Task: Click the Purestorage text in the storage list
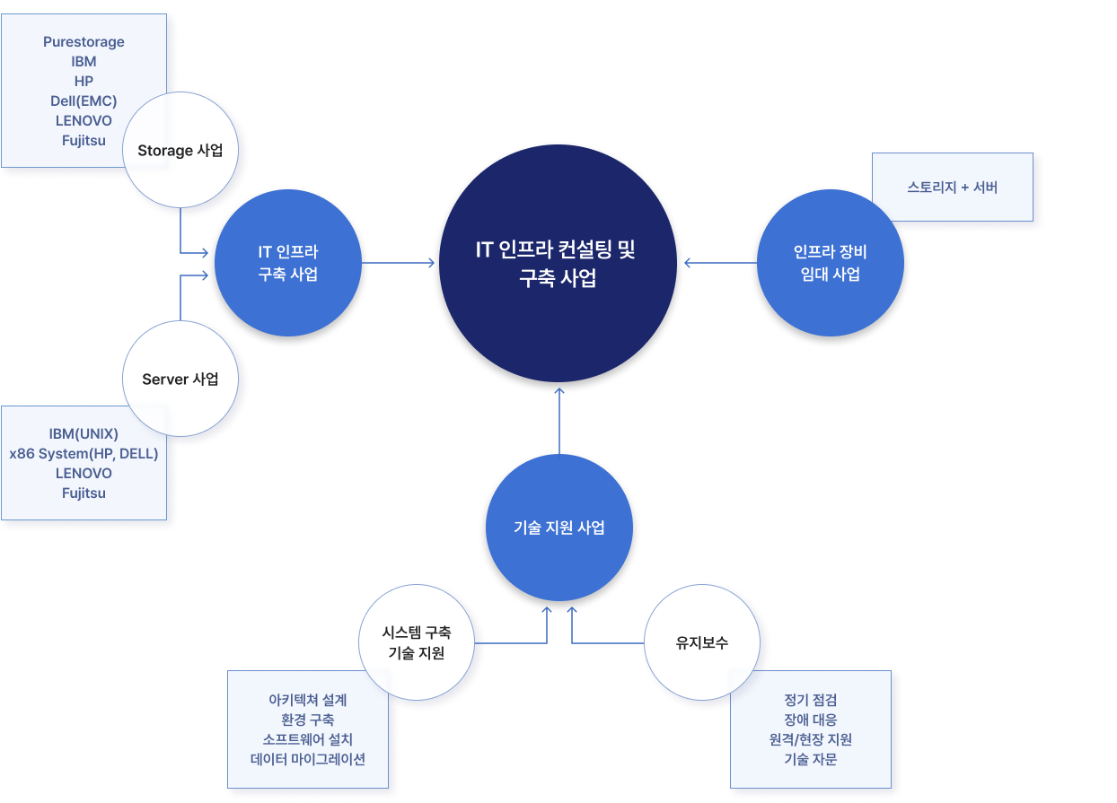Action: [x=84, y=42]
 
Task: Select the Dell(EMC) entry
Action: [x=84, y=100]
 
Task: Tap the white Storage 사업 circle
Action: [x=180, y=151]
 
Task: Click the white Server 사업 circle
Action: [x=180, y=379]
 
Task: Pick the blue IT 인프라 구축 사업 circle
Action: [x=287, y=264]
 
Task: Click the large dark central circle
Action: [x=557, y=264]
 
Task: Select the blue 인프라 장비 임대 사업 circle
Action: [x=830, y=264]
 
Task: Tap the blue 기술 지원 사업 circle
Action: [x=558, y=528]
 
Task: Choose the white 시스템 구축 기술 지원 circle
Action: [x=417, y=643]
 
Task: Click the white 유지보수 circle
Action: [x=702, y=642]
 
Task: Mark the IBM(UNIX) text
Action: [x=84, y=434]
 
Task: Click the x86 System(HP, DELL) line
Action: [x=84, y=454]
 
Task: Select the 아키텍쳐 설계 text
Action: [x=308, y=700]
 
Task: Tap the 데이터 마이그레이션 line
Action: [x=308, y=759]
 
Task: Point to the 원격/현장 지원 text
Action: [x=810, y=739]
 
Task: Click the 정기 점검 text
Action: [x=810, y=700]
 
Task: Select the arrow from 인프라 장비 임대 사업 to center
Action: [x=718, y=263]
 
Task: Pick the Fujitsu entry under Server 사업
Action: [x=84, y=493]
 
